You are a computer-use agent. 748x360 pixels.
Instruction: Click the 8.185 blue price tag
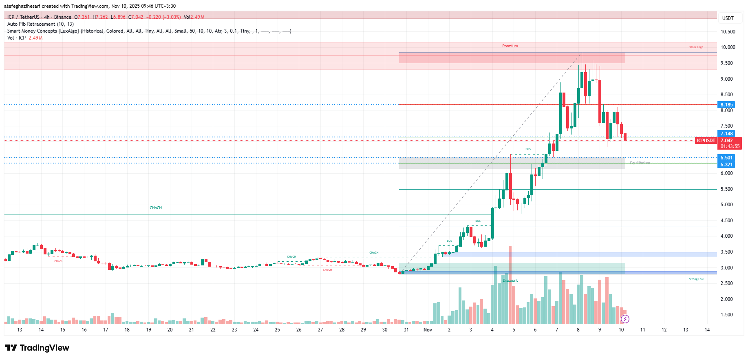(726, 105)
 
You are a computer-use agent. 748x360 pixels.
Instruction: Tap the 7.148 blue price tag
(726, 134)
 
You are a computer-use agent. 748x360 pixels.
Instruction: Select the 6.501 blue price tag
(726, 158)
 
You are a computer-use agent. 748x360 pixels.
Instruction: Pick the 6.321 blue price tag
(726, 165)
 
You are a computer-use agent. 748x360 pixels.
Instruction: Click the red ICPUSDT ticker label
(706, 141)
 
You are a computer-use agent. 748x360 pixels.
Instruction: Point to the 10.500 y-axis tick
(728, 32)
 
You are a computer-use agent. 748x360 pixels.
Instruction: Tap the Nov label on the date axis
(428, 330)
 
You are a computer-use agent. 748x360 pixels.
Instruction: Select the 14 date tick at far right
(707, 330)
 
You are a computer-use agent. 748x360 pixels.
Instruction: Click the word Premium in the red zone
(510, 46)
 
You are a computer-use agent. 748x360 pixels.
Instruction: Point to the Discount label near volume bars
(510, 280)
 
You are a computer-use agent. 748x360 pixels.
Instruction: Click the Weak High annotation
(696, 47)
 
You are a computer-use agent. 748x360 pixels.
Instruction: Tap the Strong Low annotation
(696, 279)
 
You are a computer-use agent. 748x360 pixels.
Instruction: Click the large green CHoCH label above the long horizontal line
(156, 208)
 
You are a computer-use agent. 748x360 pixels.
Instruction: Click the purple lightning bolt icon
(625, 319)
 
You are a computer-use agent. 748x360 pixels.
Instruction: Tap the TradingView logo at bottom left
(37, 348)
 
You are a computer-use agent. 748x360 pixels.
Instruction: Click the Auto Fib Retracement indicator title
(40, 24)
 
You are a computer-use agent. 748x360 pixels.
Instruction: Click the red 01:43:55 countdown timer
(730, 146)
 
